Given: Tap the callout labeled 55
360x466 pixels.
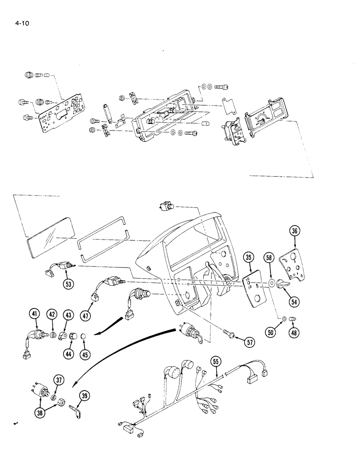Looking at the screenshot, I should coord(216,361).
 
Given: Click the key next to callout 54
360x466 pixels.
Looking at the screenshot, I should coord(283,283).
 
